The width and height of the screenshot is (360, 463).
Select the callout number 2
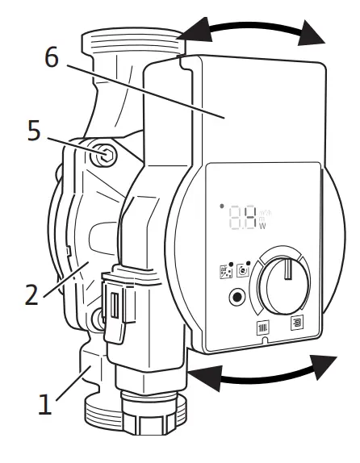click(30, 292)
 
